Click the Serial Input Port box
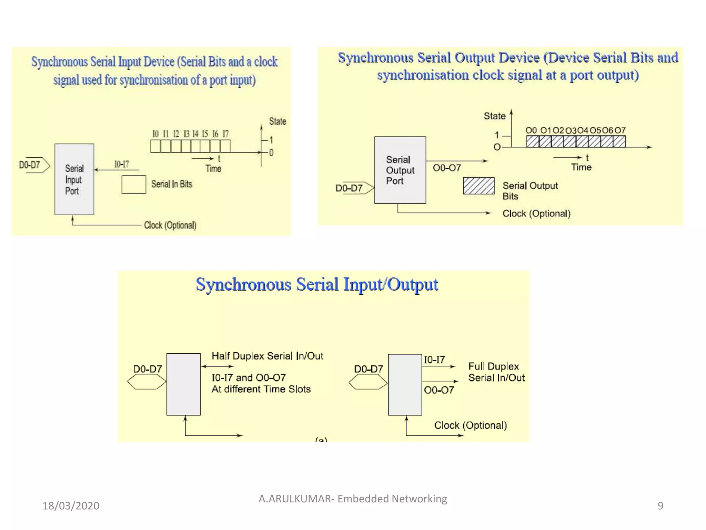coord(74,179)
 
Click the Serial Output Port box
coord(400,170)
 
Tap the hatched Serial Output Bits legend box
coord(478,186)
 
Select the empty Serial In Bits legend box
coord(134,185)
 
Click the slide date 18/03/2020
coord(71,506)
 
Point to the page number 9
coord(660,506)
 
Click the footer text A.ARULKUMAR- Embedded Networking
coord(353,499)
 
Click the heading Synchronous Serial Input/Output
coord(317,285)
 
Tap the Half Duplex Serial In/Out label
coord(267,356)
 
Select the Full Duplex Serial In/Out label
coord(496,372)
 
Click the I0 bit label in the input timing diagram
coord(155,134)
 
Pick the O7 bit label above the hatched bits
coord(620,130)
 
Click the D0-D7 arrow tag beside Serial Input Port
coord(34,165)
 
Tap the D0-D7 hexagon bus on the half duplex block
coord(147,382)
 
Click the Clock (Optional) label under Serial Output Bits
coord(536,214)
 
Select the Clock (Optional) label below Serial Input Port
coord(170,225)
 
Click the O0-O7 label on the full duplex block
coord(439,390)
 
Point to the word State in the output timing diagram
coord(494,116)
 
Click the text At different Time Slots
coord(261,389)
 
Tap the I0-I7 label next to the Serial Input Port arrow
coord(122,164)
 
